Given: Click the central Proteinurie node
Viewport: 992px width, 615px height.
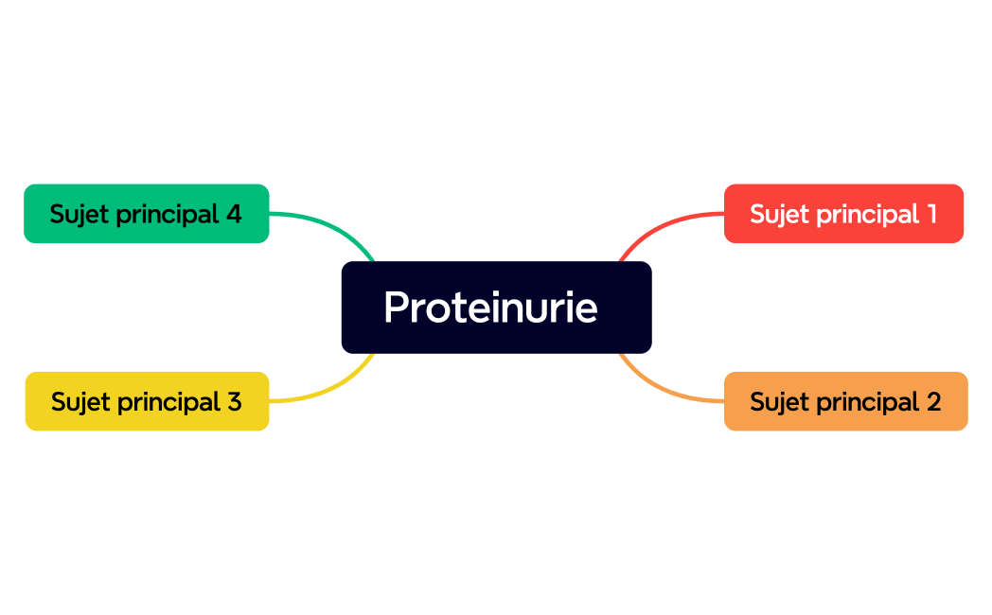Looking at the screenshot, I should [x=496, y=307].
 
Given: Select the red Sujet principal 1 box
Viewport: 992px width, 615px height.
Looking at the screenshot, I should [x=843, y=214].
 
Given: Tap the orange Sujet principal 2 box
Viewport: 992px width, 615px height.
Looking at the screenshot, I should [x=845, y=401].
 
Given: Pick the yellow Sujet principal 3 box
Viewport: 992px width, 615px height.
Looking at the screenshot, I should [x=147, y=401].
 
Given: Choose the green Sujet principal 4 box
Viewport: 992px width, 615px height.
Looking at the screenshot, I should [x=146, y=214].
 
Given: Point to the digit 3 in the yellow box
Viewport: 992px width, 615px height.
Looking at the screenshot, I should [x=234, y=401].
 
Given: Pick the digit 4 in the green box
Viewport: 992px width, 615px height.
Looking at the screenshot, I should [x=234, y=214].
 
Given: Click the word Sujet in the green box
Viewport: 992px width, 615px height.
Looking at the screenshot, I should [x=79, y=214].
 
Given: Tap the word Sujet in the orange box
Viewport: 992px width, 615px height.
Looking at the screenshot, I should [x=778, y=401].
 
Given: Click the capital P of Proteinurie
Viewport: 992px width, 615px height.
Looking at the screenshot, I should [x=397, y=307].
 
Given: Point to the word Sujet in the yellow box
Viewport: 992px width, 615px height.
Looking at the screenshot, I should [x=80, y=401].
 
